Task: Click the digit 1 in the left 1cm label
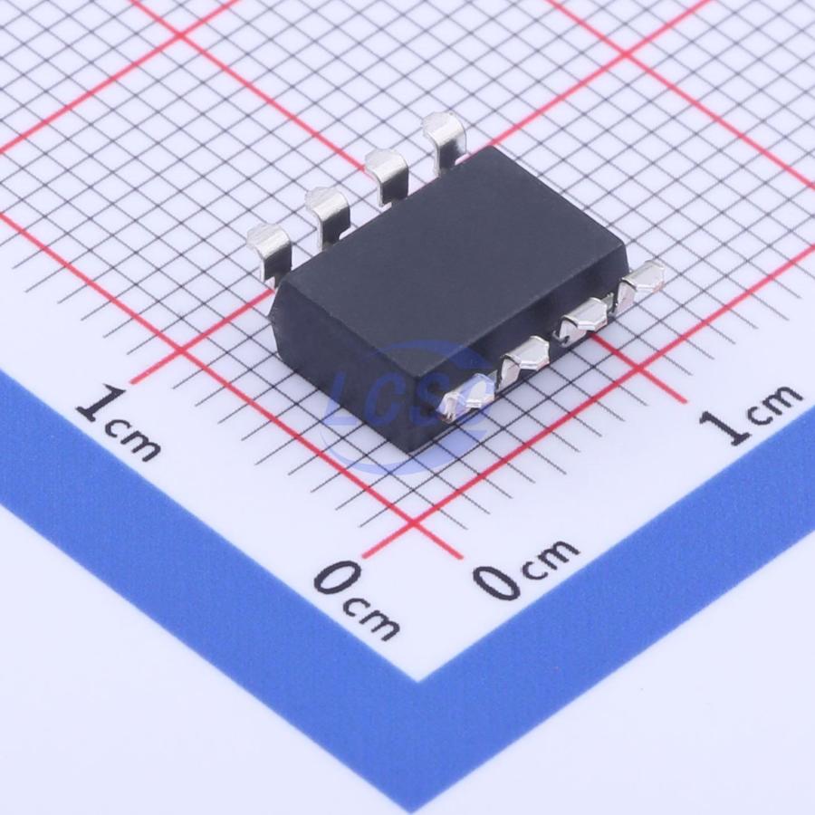tap(101, 403)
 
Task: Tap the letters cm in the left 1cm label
tap(132, 440)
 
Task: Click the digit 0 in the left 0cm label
tap(338, 577)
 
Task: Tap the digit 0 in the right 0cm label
tap(497, 582)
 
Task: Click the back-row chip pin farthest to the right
tap(443, 138)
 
